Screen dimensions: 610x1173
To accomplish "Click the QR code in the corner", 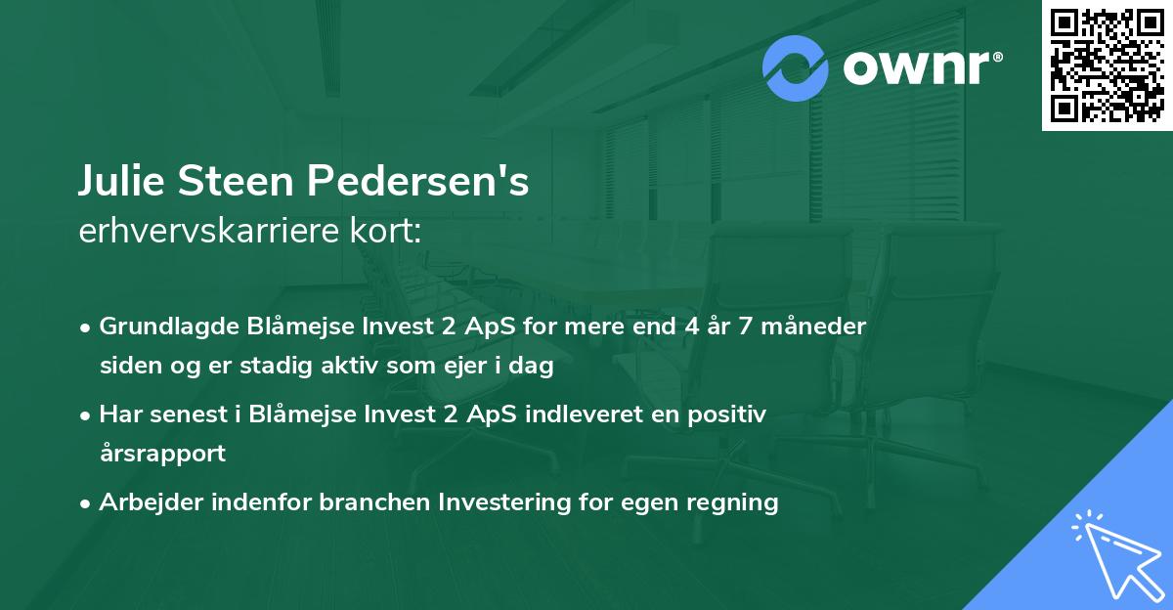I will pyautogui.click(x=1108, y=65).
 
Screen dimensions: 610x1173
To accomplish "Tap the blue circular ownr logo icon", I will pyautogui.click(x=796, y=67).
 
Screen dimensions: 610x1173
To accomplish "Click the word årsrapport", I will pyautogui.click(x=162, y=454).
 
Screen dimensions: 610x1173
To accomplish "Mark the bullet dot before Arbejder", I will pyautogui.click(x=87, y=503).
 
